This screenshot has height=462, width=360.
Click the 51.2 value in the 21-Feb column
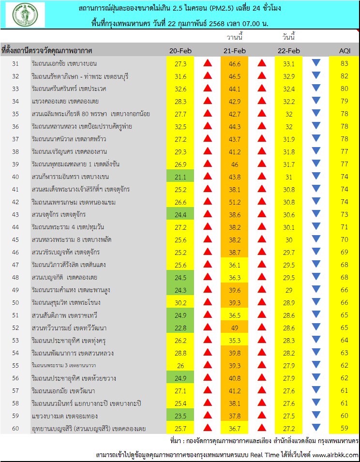[x=234, y=202]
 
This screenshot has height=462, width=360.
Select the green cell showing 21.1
[x=180, y=177]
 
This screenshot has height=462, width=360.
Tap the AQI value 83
[x=344, y=63]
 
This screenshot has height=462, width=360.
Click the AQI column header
[x=345, y=51]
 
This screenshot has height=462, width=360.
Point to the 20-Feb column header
[x=180, y=51]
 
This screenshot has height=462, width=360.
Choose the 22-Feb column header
[x=289, y=51]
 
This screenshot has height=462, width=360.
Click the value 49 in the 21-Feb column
[x=234, y=328]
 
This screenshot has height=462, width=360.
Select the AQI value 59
[x=344, y=429]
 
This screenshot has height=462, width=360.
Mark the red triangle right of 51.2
[x=262, y=202]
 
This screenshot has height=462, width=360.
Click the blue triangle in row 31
[x=316, y=63]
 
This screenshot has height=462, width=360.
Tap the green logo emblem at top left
[x=25, y=15]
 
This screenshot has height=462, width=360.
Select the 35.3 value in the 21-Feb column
[x=234, y=341]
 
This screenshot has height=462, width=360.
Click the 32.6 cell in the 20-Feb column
[x=180, y=89]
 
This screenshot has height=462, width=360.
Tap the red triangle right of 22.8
[x=208, y=328]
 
